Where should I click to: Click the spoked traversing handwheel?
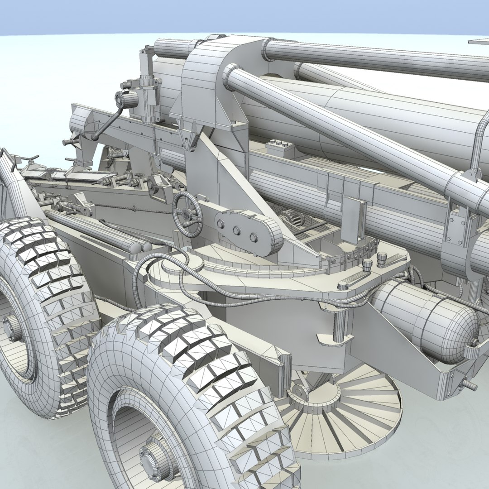pyautogui.click(x=187, y=214)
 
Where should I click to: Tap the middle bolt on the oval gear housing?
pyautogui.click(x=236, y=230)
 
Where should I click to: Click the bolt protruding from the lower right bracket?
pyautogui.click(x=470, y=386)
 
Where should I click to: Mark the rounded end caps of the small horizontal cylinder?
pyautogui.click(x=140, y=247)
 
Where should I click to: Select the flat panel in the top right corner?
pyautogui.click(x=479, y=42)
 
